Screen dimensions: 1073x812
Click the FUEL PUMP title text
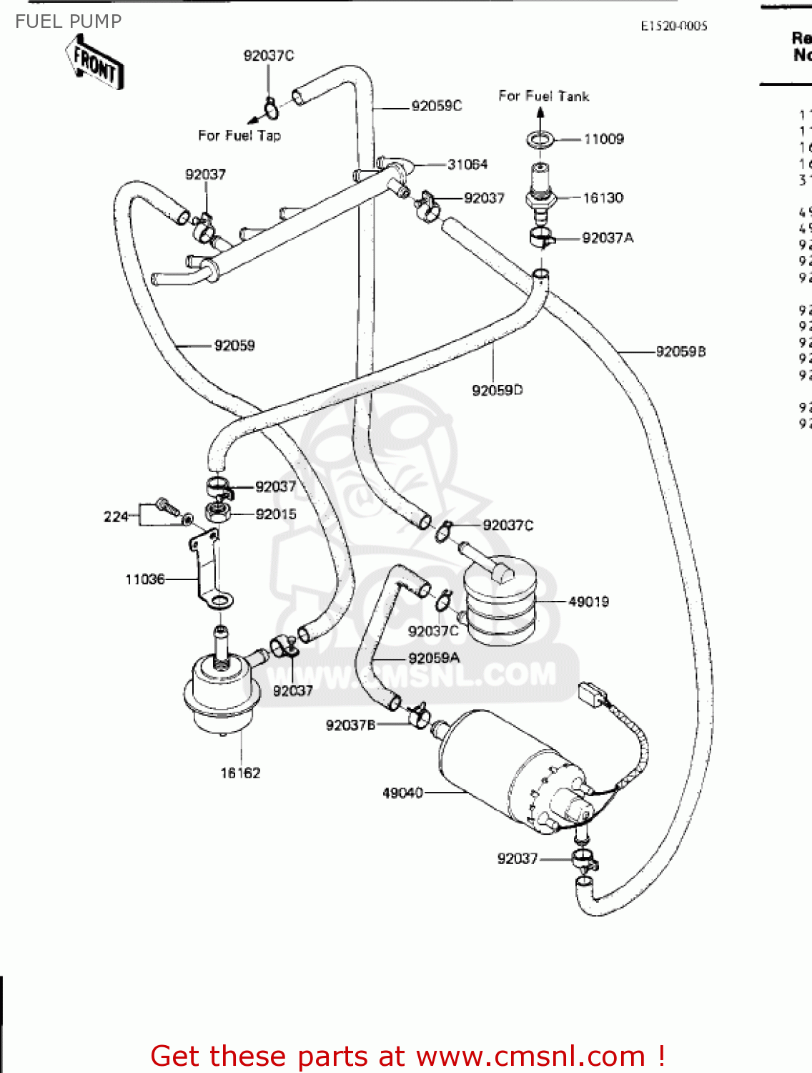click(69, 21)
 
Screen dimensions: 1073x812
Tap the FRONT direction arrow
click(96, 66)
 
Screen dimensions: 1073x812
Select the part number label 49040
click(402, 793)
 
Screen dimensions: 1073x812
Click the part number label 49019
click(588, 602)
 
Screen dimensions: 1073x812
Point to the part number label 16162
click(240, 773)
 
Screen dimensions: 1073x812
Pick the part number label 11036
click(145, 579)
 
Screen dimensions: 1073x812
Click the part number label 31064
click(467, 165)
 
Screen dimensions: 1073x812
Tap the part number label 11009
click(603, 139)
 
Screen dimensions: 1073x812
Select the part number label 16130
click(603, 197)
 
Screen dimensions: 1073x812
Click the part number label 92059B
click(680, 351)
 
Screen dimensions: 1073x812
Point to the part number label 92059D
click(497, 390)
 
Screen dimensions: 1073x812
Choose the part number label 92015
click(275, 514)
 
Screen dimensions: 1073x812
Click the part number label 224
click(116, 516)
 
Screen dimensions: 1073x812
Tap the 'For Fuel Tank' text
click(543, 96)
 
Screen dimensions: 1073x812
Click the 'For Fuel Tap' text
click(239, 135)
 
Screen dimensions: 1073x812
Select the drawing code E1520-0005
click(673, 26)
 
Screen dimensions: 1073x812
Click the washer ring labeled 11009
click(540, 139)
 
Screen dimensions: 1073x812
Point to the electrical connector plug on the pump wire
click(591, 694)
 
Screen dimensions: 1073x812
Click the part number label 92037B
click(350, 725)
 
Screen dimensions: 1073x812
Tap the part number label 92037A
click(608, 237)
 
